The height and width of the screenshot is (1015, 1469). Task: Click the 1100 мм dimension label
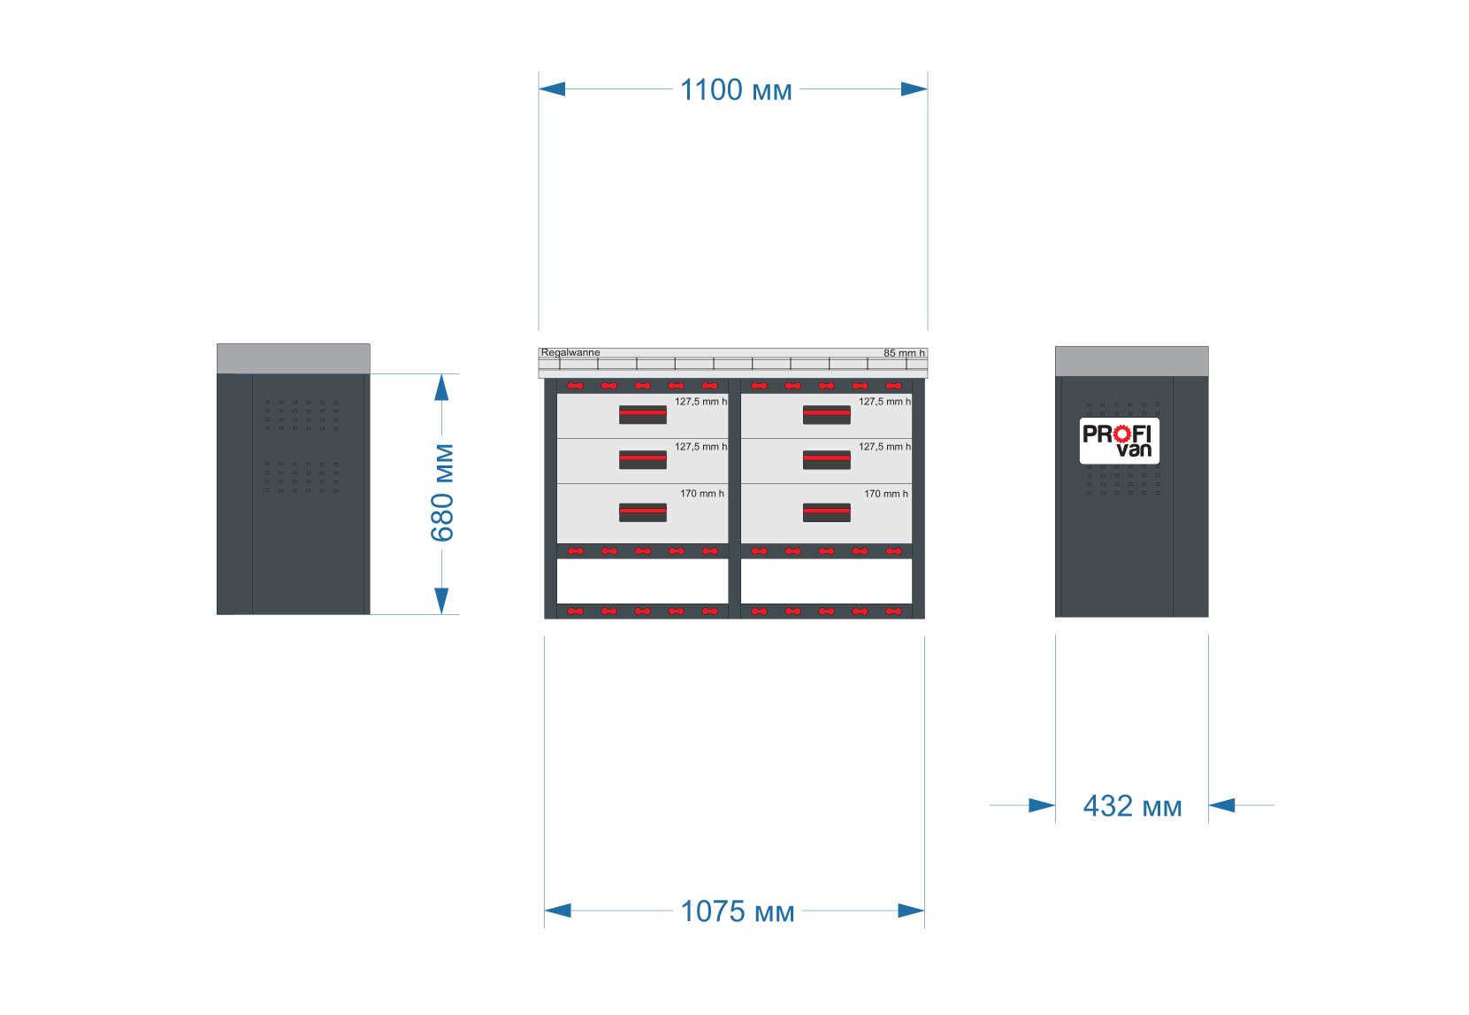[736, 90]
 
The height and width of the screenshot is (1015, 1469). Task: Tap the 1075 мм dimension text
[737, 911]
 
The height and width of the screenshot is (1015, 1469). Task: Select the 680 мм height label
[443, 493]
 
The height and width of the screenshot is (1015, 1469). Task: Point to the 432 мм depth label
[1133, 806]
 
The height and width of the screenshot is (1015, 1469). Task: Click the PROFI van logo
[1120, 441]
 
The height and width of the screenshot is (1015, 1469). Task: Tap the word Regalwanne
[570, 353]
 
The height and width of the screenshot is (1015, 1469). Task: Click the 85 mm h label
[904, 353]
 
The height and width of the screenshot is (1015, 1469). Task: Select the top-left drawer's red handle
[643, 415]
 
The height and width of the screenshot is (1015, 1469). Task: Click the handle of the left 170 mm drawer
[643, 512]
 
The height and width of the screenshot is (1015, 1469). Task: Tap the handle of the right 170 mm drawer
[826, 512]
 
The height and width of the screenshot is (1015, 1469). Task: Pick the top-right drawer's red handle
[826, 415]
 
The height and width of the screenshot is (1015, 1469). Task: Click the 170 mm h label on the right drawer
[886, 494]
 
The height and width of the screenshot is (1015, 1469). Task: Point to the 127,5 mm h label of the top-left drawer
[701, 402]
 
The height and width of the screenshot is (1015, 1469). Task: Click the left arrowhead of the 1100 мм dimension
[552, 89]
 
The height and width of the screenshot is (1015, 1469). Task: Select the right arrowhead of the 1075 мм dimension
[911, 911]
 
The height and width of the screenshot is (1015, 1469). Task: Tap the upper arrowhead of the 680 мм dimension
[441, 388]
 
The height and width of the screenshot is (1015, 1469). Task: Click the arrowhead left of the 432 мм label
[1042, 805]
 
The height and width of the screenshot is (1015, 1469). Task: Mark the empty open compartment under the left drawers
[643, 581]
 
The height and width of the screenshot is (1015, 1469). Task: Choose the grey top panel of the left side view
[293, 359]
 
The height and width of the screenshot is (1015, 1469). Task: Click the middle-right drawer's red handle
[826, 460]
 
